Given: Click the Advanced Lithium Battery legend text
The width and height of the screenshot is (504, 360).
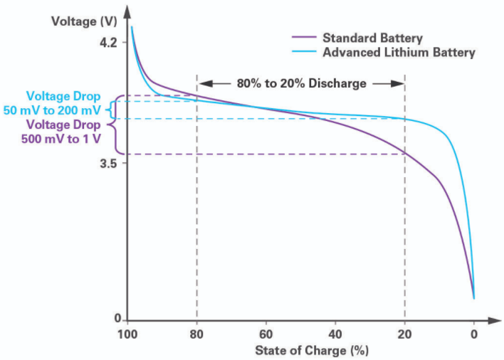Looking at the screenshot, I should (x=399, y=53).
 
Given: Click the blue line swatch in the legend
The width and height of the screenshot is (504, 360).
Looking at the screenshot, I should (x=303, y=53).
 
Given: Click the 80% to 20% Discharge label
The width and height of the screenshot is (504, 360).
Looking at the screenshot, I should (x=301, y=83).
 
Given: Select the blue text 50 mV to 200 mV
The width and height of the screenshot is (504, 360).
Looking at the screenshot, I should (x=63, y=110).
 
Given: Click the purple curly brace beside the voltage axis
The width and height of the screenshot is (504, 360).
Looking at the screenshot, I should (x=119, y=125).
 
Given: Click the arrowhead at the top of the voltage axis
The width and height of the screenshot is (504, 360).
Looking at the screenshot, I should (x=127, y=10).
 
